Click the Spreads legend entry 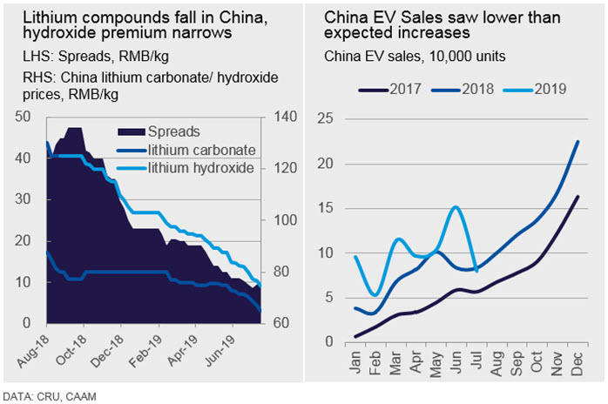(x=159, y=131)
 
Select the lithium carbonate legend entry (x=186, y=150)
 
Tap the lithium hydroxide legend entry (x=186, y=168)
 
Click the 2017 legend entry (x=390, y=89)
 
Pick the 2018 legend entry (x=463, y=89)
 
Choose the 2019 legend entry (x=535, y=89)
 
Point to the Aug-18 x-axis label (x=34, y=351)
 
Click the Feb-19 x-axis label (x=145, y=351)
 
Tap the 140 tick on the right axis (x=285, y=117)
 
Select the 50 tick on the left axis (x=23, y=117)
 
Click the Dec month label (x=578, y=364)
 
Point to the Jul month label (x=476, y=360)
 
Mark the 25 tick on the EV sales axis (x=325, y=118)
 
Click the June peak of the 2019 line (x=456, y=207)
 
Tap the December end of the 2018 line (x=578, y=142)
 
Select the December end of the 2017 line (x=578, y=197)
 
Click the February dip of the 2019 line (x=375, y=294)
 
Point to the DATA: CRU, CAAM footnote (x=50, y=397)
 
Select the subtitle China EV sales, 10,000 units (x=415, y=57)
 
